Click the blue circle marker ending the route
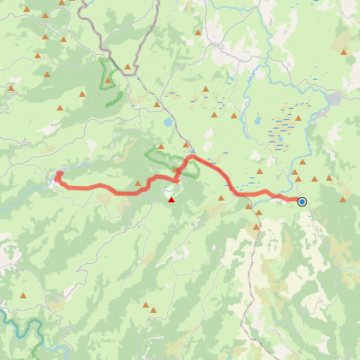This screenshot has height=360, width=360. (x=302, y=201)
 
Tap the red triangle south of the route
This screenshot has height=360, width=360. (x=171, y=200)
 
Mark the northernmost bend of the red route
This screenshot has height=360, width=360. (x=190, y=157)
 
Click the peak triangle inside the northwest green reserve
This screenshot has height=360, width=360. (x=108, y=81)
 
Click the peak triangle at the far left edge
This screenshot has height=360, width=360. (x=11, y=87)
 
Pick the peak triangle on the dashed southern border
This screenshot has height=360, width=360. (x=258, y=227)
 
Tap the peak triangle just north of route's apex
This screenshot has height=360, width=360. (x=186, y=144)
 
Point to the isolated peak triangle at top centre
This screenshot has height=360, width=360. (x=199, y=33)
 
